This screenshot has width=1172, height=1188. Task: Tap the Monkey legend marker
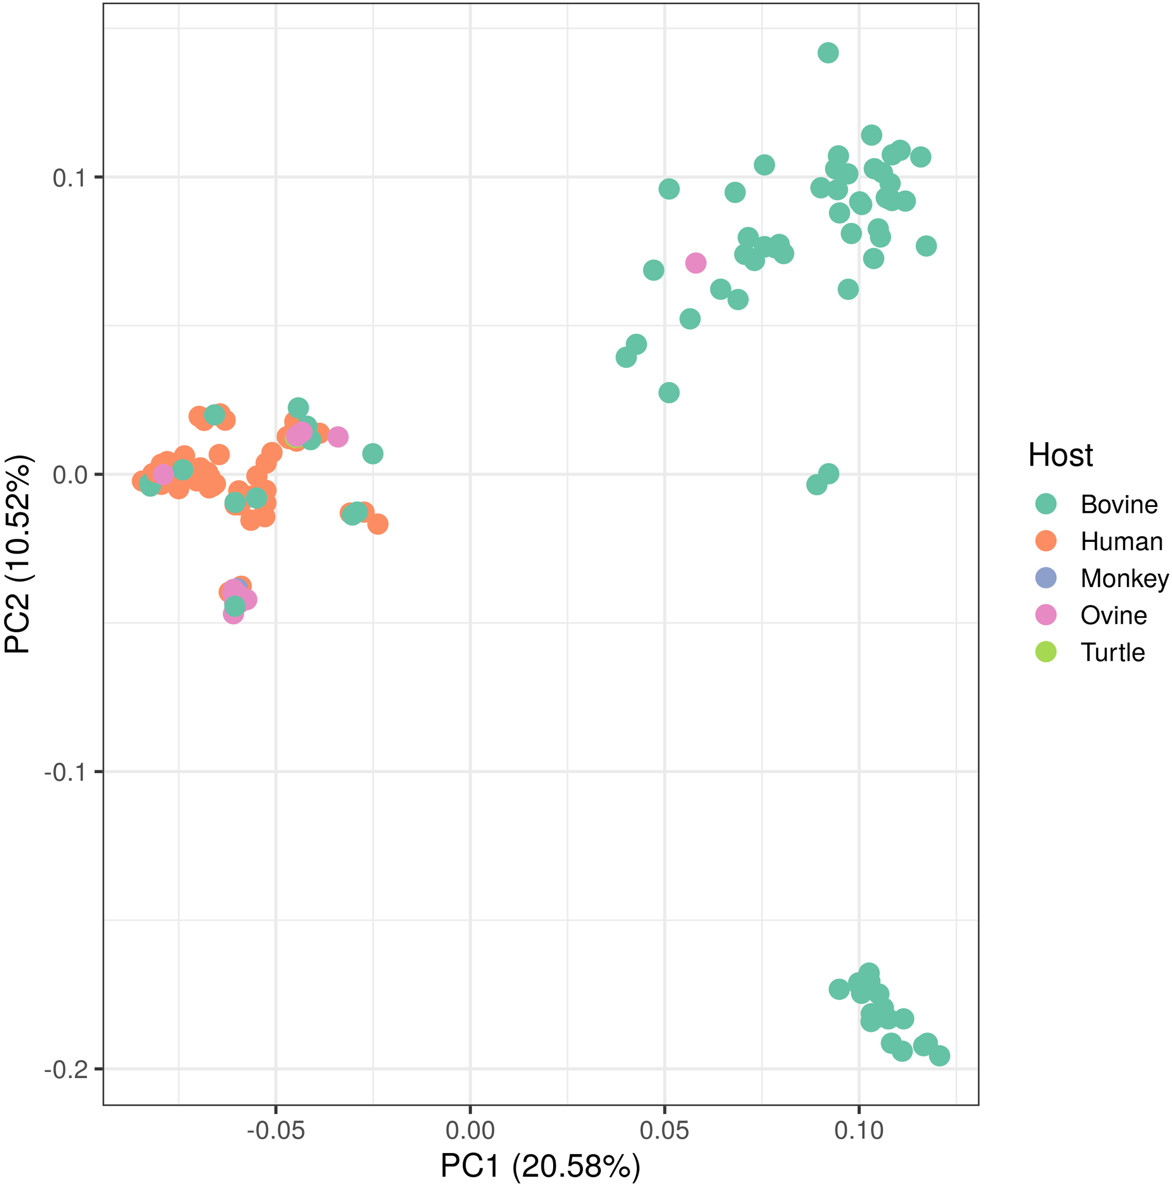pyautogui.click(x=1045, y=578)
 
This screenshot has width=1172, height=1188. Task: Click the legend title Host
pyautogui.click(x=1060, y=455)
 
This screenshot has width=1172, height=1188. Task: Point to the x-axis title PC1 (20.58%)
pyautogui.click(x=540, y=1166)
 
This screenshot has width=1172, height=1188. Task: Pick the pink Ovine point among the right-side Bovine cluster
pyautogui.click(x=695, y=263)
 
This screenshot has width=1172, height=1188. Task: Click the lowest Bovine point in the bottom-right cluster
pyautogui.click(x=940, y=1056)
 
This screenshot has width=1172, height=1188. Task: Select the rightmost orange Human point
pyautogui.click(x=377, y=524)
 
